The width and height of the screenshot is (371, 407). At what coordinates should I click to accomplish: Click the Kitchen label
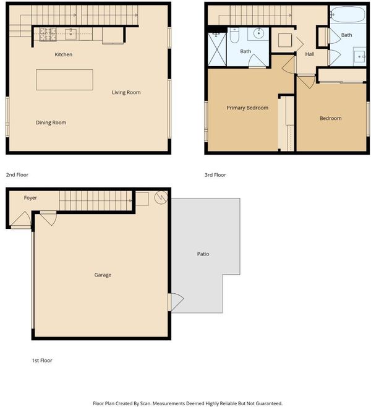pos(64,54)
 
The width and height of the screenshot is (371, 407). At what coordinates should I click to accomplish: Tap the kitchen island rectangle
pos(64,80)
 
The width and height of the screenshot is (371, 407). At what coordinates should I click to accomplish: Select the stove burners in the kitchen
pos(48,34)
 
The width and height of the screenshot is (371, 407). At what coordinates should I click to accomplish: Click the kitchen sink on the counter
pos(70,34)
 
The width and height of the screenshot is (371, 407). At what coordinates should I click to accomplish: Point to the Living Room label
pos(126,92)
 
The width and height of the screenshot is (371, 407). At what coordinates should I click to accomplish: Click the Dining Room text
pos(51,122)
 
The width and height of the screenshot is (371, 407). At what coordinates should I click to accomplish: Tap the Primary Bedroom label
pos(247,108)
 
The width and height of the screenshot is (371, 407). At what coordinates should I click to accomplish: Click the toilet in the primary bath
pos(234,35)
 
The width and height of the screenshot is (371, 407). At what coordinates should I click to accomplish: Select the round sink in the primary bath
pos(258,33)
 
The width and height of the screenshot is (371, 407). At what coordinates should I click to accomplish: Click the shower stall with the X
pos(217,49)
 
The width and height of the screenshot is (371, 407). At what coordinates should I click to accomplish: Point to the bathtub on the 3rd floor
pos(348,14)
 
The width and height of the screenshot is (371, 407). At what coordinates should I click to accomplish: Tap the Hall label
pos(310,54)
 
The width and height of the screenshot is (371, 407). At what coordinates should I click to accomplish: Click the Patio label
pos(203,254)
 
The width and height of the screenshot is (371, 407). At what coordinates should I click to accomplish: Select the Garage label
pos(103,275)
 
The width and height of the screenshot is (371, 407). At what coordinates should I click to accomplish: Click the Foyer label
pos(31,198)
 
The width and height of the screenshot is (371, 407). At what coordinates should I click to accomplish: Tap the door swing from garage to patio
pos(176,302)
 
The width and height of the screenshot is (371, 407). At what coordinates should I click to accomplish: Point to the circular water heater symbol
pos(161,197)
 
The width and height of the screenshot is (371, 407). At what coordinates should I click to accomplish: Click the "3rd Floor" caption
pos(215,175)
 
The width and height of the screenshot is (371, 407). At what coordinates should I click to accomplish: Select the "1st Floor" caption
pos(42,361)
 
